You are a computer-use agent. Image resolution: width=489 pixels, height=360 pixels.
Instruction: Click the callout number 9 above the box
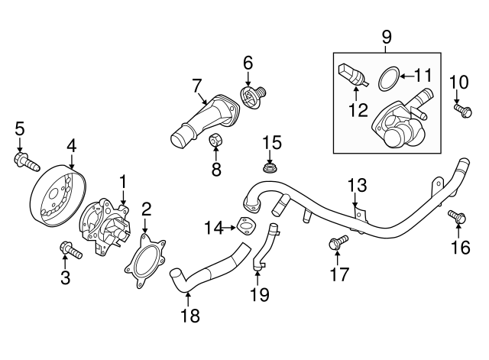[386, 36]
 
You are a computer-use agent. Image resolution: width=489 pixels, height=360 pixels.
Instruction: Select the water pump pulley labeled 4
[57, 196]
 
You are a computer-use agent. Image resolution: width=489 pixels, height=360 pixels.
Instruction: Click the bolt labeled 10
[462, 111]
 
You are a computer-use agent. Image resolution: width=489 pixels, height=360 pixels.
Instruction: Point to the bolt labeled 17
[337, 244]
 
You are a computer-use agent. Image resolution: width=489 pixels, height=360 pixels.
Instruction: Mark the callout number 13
[358, 186]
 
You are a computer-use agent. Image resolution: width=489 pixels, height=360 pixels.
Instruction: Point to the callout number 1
[122, 182]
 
